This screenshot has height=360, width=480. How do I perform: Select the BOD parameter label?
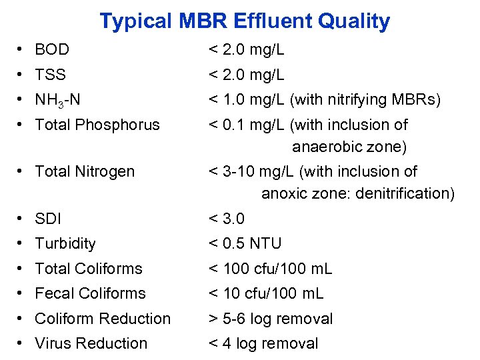coord(52,49)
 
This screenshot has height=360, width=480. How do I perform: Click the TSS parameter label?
coord(50,75)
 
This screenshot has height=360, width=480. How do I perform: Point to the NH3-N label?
coord(57,100)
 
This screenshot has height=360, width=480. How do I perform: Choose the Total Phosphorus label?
coord(97,125)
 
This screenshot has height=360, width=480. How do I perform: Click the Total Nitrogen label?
coord(85,171)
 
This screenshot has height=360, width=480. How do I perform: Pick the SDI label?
coord(47,218)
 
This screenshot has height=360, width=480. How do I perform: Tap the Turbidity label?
coord(65,243)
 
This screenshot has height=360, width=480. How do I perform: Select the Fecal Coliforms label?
coord(90,293)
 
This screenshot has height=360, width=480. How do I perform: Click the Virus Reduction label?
coord(91,343)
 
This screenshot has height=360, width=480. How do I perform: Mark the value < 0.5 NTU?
coord(245,243)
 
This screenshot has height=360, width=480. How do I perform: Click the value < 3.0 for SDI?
coord(227,218)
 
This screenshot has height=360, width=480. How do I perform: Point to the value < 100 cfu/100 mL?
coord(270,269)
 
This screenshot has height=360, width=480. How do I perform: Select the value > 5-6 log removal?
coord(271,319)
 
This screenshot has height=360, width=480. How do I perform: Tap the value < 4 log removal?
coord(263,343)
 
